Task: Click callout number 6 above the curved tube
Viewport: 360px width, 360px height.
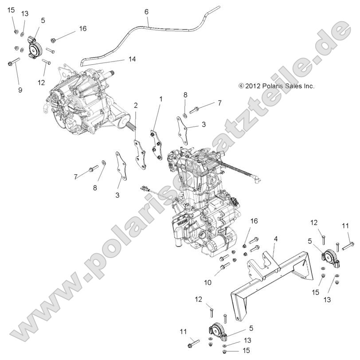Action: pos(146,12)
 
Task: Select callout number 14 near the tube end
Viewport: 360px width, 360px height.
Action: pos(132,59)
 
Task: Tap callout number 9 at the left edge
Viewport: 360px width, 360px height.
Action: pos(20,90)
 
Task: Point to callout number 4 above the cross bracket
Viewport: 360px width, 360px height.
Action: pos(275,239)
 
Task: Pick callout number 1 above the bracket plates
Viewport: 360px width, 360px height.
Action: pos(161,99)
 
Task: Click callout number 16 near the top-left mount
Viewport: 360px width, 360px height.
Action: pos(82,28)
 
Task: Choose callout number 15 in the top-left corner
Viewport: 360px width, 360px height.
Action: pos(11,10)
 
